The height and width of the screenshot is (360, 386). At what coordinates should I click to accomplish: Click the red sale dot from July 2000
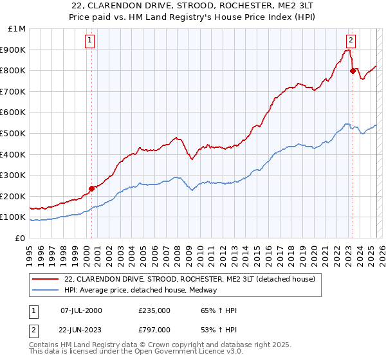click(91, 188)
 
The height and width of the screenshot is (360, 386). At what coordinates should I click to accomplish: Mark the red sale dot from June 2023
click(353, 71)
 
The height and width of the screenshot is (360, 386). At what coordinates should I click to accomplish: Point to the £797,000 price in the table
click(154, 329)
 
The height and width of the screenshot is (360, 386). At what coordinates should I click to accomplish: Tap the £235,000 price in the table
click(154, 310)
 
